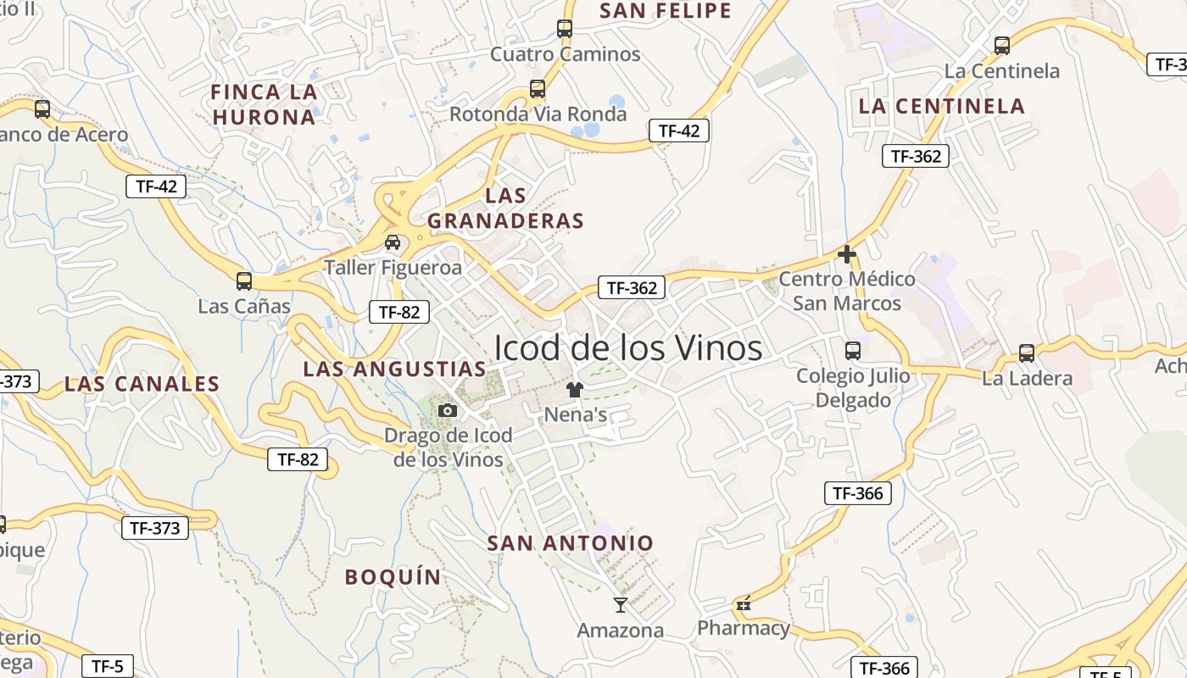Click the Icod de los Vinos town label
627,347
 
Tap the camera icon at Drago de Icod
448,411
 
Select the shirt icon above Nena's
575,390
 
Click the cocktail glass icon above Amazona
621,605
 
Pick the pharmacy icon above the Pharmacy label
744,604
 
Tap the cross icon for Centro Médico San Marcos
846,253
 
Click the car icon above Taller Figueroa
393,242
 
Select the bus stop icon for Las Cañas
244,281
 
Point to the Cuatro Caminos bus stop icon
565,29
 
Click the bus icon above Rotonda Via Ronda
537,88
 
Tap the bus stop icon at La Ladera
1027,353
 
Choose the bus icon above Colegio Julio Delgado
853,350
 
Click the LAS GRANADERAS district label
506,208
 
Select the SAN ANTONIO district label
571,543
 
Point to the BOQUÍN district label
393,577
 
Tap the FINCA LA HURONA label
264,104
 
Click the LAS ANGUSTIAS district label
395,370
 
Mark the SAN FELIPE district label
666,11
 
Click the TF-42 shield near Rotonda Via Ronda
678,131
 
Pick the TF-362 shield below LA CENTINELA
915,156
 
